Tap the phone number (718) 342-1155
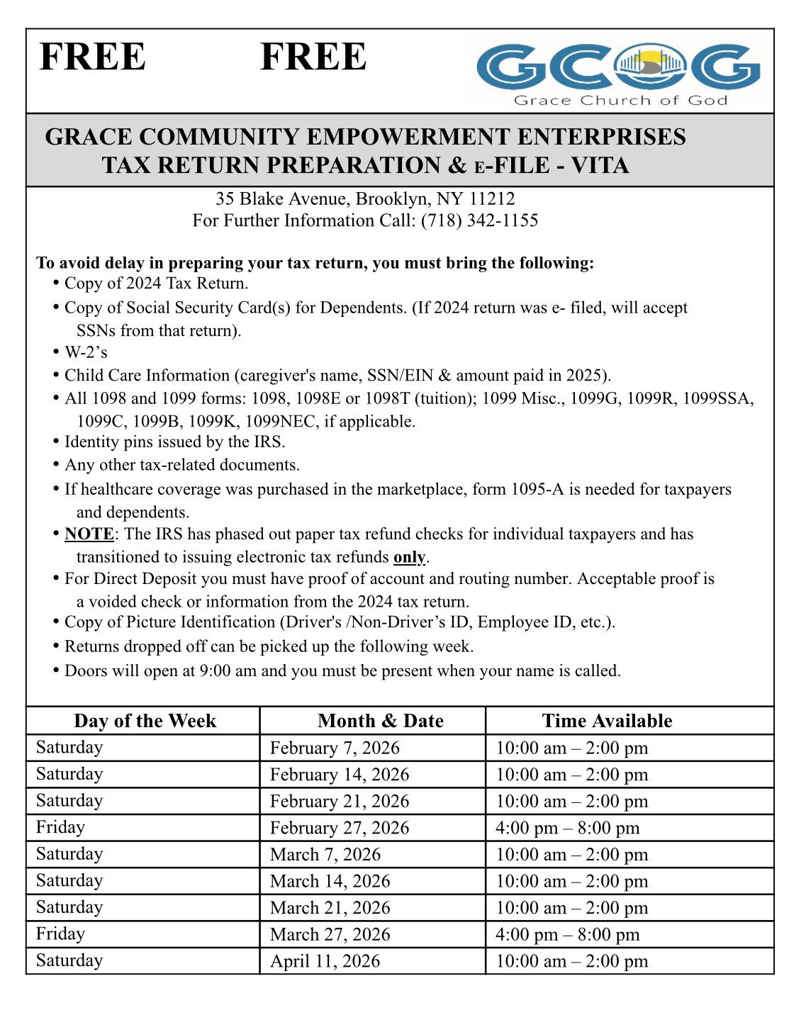pyautogui.click(x=479, y=220)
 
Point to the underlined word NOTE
pyautogui.click(x=89, y=534)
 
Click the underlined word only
pyautogui.click(x=409, y=557)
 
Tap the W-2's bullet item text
pyautogui.click(x=86, y=352)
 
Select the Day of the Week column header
pyautogui.click(x=145, y=721)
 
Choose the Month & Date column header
pyautogui.click(x=381, y=721)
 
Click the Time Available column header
pyautogui.click(x=607, y=721)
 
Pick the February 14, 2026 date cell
pyautogui.click(x=340, y=775)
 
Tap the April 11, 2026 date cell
pyautogui.click(x=325, y=961)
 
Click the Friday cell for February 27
pyautogui.click(x=60, y=827)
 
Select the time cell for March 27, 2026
pyautogui.click(x=567, y=935)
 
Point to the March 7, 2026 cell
pyautogui.click(x=325, y=855)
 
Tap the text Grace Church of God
pyautogui.click(x=620, y=101)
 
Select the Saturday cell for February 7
pyautogui.click(x=69, y=747)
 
